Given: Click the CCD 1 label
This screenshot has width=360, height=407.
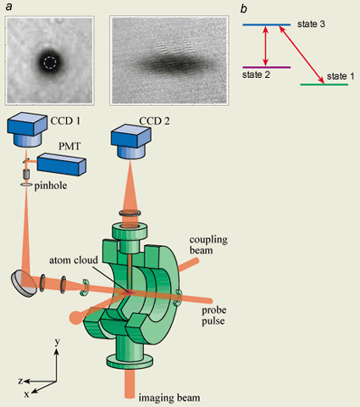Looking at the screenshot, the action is pos(65,121).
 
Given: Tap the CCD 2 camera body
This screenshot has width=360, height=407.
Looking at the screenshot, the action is pos(130,142).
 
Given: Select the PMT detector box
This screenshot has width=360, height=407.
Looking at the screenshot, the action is pos(62,164).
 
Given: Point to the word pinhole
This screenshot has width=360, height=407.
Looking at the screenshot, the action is pos(51,186).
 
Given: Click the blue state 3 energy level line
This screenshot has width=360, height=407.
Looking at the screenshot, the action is pos(267,25).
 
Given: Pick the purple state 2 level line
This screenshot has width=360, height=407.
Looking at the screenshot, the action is pos(267,67).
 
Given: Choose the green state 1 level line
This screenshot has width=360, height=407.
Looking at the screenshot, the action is pos(324,84).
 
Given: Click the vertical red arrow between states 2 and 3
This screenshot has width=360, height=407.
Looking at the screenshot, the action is pos(265,46).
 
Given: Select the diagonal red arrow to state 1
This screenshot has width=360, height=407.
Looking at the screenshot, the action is pos(302,54).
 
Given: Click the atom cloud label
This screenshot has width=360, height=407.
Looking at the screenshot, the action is pos(74,260).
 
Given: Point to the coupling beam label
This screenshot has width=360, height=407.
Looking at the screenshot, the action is pos(208,245).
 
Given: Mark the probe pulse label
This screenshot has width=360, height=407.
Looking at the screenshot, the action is pos(213,315).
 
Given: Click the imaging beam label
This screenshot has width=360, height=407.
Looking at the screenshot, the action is pos(169,398).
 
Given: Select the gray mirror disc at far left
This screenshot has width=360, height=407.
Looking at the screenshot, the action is pos(24,284).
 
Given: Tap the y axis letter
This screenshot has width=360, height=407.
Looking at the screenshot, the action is pos(58,342).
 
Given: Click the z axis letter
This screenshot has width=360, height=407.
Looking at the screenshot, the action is pos(20,381).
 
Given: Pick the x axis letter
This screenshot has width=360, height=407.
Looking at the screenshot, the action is pos(26,394).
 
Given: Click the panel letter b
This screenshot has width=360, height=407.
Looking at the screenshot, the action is pos(243,8).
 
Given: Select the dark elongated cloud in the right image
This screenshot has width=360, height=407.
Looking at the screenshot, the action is pos(171,64).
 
